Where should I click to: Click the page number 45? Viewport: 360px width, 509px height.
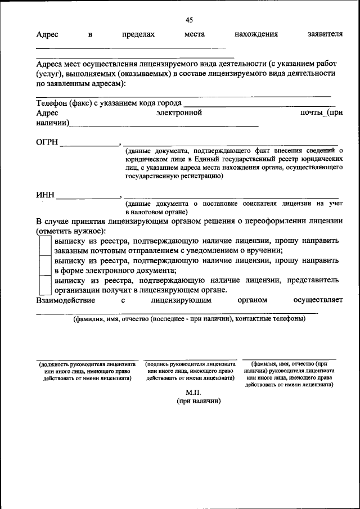pos(189,20)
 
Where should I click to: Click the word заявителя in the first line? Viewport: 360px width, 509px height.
pos(325,35)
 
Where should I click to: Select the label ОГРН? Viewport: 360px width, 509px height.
pos(47,142)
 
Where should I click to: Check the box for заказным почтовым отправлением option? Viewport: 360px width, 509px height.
pos(45,245)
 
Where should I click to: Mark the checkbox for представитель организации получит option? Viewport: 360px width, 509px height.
pos(45,285)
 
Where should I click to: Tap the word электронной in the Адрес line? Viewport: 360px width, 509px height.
pos(179,112)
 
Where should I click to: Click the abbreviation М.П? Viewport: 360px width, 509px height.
pos(193,392)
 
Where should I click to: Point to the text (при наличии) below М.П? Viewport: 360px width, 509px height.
pos(198,401)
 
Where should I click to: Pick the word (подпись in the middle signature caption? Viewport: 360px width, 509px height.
pos(160,364)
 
